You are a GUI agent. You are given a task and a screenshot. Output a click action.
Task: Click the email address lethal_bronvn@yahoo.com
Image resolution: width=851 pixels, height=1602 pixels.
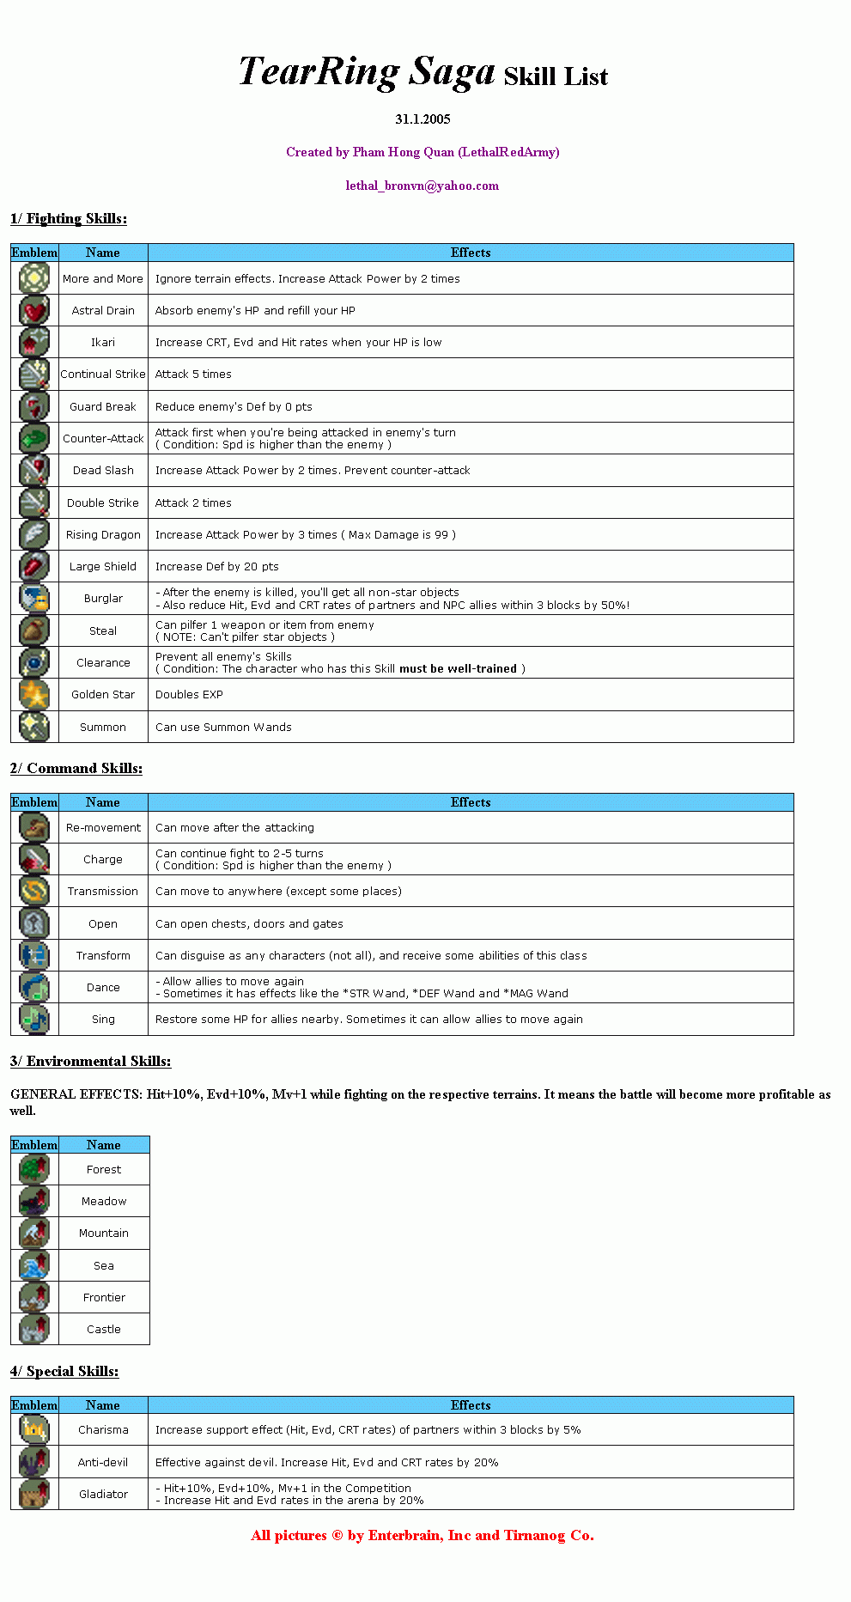click(422, 186)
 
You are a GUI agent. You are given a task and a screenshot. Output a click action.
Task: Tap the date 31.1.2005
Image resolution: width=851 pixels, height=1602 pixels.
click(422, 119)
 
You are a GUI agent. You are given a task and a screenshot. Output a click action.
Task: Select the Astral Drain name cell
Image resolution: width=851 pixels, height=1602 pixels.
click(103, 310)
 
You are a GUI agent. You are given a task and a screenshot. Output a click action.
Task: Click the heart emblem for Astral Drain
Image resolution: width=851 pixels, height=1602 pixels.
click(34, 310)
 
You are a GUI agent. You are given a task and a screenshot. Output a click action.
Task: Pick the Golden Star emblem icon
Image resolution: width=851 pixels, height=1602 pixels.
click(34, 694)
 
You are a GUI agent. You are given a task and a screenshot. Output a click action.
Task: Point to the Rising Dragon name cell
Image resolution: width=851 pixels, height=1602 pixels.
click(103, 534)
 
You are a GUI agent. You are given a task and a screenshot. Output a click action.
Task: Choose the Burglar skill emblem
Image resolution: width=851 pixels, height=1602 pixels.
click(34, 598)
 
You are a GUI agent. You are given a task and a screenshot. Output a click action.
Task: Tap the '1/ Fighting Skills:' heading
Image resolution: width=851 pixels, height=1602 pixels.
click(69, 218)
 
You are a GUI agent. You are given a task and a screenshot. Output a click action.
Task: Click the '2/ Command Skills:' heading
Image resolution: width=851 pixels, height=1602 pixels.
click(76, 768)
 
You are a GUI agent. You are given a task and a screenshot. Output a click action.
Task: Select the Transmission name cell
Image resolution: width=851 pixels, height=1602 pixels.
click(103, 891)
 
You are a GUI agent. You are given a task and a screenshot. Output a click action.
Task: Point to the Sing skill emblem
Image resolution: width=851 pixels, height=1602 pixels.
click(34, 1019)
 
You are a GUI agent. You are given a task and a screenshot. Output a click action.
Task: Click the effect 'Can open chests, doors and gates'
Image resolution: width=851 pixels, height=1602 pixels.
click(249, 923)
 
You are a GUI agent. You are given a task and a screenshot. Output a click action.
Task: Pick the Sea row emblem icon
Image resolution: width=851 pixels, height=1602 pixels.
click(34, 1265)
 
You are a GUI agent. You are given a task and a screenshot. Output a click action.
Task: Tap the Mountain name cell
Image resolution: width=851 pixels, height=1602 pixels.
click(104, 1233)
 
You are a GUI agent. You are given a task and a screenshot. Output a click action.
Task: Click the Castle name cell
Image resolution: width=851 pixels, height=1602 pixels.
click(104, 1329)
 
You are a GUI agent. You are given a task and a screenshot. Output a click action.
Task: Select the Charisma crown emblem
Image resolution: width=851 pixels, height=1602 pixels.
click(34, 1429)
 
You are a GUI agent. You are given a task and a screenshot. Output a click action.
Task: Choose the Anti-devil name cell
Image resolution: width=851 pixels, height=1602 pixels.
click(103, 1462)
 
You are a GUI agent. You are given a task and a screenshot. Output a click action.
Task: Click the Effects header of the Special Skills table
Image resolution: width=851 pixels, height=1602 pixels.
click(471, 1405)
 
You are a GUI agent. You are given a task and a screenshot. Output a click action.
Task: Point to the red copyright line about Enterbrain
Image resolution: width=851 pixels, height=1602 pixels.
click(422, 1535)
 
